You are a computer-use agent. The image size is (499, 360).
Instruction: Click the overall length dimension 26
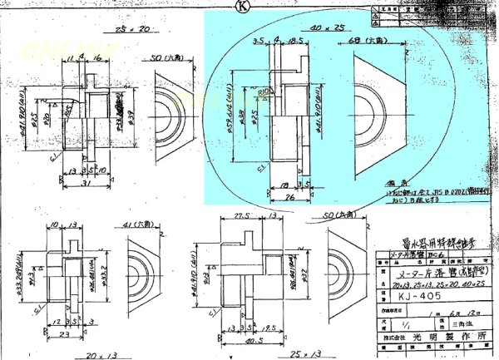coord(284,196)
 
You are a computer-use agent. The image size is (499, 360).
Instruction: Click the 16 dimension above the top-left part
coord(98,57)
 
